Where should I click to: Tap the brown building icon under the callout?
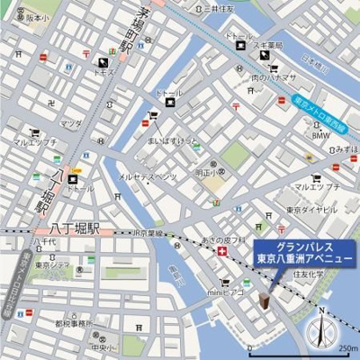click(265, 298)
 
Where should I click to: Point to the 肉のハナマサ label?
click(274, 76)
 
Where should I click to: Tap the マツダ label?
click(72, 123)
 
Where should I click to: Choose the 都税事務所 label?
click(75, 324)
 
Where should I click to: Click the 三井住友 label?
click(219, 8)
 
